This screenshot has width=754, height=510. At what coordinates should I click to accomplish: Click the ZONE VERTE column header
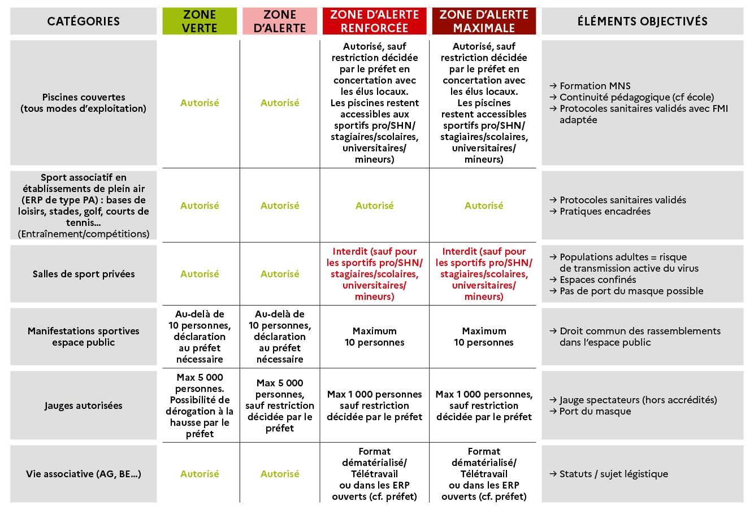200,21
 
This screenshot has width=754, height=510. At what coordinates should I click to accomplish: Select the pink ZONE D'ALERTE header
280,21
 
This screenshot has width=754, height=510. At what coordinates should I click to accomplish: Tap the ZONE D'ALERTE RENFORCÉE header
374,21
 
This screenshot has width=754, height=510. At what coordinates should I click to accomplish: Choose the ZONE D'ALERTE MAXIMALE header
484,21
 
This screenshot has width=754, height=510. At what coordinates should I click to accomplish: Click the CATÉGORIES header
84,21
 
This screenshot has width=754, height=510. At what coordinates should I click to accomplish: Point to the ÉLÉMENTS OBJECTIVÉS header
642,21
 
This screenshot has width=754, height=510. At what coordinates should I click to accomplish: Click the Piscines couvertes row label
84,103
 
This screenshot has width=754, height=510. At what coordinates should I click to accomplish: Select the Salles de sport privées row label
84,274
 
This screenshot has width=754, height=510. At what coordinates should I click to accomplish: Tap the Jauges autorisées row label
84,406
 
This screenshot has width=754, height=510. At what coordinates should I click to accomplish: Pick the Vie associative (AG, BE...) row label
84,474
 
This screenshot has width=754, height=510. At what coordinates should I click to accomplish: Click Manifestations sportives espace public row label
84,337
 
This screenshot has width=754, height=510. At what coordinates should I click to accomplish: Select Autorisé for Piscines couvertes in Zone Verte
200,103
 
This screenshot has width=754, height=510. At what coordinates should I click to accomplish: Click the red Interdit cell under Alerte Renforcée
374,274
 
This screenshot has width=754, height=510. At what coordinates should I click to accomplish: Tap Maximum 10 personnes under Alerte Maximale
484,337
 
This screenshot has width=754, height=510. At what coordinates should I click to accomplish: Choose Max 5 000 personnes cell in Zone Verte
200,406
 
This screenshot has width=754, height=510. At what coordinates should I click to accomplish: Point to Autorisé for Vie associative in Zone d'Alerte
280,474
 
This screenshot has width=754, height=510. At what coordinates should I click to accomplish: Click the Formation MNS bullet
595,86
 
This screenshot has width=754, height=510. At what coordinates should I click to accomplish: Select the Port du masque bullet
595,411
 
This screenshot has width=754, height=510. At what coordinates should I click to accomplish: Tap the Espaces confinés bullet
597,280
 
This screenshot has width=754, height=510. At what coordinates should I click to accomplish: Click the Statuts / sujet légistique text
613,474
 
